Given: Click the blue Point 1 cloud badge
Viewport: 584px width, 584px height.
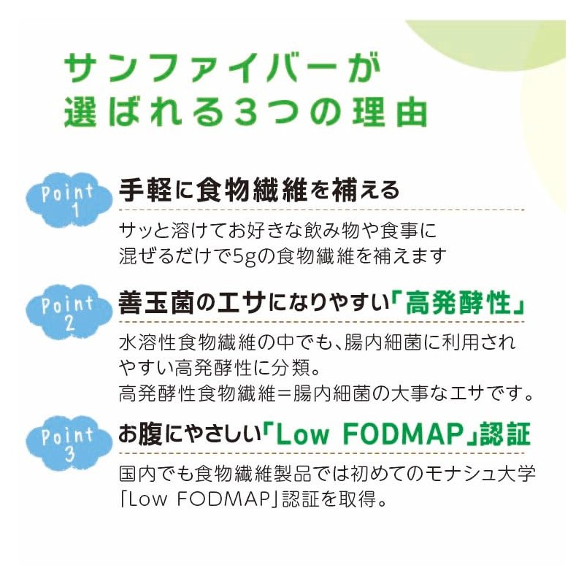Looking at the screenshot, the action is click(69, 199).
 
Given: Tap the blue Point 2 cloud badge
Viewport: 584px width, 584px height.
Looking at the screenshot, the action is click(69, 312).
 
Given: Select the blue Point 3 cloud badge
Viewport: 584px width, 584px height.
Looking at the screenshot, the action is click(69, 443).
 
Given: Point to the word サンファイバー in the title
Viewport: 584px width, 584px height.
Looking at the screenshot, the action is click(206, 68).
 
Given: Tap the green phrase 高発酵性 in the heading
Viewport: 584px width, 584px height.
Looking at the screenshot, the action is click(458, 304).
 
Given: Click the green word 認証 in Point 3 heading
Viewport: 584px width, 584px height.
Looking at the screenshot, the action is click(504, 434).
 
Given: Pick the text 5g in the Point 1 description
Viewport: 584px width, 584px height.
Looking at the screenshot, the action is click(244, 257).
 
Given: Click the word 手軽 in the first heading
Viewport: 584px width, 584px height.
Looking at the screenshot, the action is click(145, 190).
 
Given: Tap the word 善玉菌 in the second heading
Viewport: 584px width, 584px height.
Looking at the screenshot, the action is click(156, 304).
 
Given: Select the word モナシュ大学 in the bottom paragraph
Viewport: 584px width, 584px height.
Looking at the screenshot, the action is click(480, 474).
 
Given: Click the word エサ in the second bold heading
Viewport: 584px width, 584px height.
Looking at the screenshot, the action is click(242, 304).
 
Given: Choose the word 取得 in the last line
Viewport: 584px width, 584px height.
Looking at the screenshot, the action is click(357, 499).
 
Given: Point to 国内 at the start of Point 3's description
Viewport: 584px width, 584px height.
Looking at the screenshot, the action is click(137, 474).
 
